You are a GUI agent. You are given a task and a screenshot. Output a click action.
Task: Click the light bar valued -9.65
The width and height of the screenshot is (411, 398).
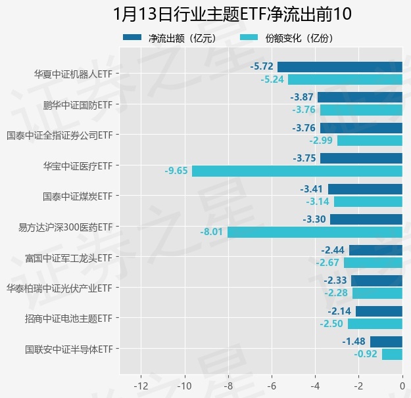click(297, 171)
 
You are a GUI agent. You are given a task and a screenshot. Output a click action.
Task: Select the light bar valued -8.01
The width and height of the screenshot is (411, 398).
click(315, 232)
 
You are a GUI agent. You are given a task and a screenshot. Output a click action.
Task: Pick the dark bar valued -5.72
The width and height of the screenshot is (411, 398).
click(340, 66)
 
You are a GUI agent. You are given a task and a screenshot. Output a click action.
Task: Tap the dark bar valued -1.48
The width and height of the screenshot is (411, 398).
click(386, 342)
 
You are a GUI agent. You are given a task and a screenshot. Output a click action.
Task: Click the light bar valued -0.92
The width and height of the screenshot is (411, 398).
click(392, 354)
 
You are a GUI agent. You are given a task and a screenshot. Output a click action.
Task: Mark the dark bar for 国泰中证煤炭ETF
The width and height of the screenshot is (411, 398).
click(365, 189)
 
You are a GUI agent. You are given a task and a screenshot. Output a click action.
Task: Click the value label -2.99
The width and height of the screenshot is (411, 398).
click(322, 141)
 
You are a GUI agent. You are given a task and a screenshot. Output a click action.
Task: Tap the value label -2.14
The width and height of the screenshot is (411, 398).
click(340, 311)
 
